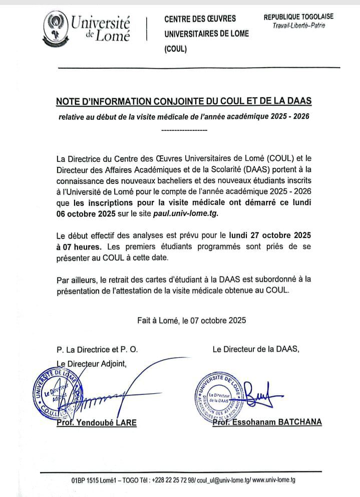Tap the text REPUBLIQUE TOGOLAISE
pos(298,17)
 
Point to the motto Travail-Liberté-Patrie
pos(299,26)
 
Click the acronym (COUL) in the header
pos(175,49)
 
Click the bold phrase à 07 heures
pos(79,246)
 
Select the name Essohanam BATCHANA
pos(282,422)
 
